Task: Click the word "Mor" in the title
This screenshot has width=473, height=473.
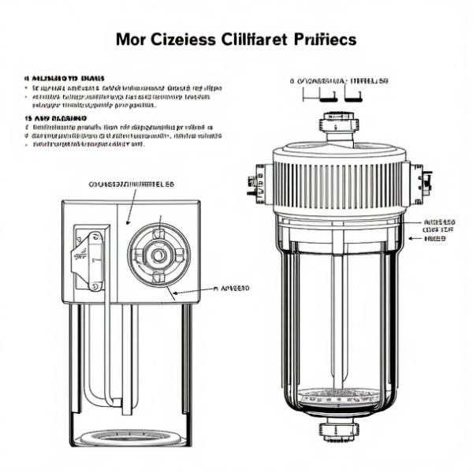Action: (x=131, y=39)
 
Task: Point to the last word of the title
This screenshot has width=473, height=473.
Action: (x=323, y=39)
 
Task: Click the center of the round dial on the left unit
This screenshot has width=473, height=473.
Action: (x=159, y=255)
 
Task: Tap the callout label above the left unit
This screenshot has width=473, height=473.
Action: (x=132, y=184)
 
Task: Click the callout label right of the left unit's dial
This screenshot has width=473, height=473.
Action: (x=232, y=289)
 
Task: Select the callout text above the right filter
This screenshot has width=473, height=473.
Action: (x=339, y=81)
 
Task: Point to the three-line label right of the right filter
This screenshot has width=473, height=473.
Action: (x=439, y=229)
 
